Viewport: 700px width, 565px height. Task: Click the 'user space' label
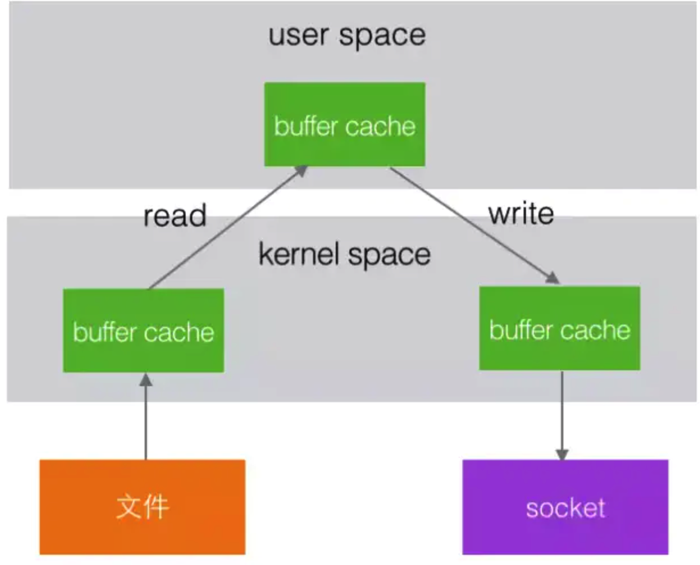point(347,35)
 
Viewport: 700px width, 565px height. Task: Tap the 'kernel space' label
point(344,254)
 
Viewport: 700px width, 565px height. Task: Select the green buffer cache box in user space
point(344,125)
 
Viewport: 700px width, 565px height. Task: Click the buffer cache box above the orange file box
point(143,331)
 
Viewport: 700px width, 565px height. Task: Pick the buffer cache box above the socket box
point(559,329)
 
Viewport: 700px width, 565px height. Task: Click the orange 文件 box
point(142,506)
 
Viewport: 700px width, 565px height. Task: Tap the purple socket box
point(565,506)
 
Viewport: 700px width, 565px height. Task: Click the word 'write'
point(521,214)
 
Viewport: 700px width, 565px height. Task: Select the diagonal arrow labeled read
point(228,228)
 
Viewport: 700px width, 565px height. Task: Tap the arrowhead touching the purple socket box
point(562,455)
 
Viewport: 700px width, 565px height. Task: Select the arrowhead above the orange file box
point(146,380)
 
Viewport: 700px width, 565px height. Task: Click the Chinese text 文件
point(142,506)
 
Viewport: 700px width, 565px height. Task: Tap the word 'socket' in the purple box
point(565,507)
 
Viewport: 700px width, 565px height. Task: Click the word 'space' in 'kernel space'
point(389,255)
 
